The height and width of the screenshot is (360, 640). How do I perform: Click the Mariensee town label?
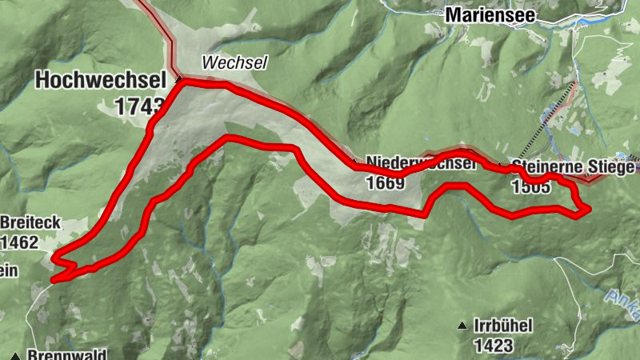tap(490, 14)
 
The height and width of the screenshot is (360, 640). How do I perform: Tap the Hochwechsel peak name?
tap(99, 80)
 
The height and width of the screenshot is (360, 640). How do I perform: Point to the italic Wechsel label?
tap(223, 62)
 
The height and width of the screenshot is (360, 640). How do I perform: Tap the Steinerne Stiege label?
tap(574, 167)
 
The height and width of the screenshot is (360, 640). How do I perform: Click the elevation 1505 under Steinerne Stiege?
tap(530, 187)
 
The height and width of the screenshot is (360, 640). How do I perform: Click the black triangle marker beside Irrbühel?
tap(462, 325)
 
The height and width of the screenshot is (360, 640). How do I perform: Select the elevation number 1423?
tap(493, 346)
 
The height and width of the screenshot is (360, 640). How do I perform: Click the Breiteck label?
tap(30, 222)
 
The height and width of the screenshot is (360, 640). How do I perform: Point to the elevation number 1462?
tap(20, 242)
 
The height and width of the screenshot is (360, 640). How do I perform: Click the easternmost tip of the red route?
tap(589, 209)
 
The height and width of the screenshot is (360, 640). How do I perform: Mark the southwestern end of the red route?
tap(53, 280)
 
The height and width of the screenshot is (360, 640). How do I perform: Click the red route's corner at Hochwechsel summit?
tap(181, 81)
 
